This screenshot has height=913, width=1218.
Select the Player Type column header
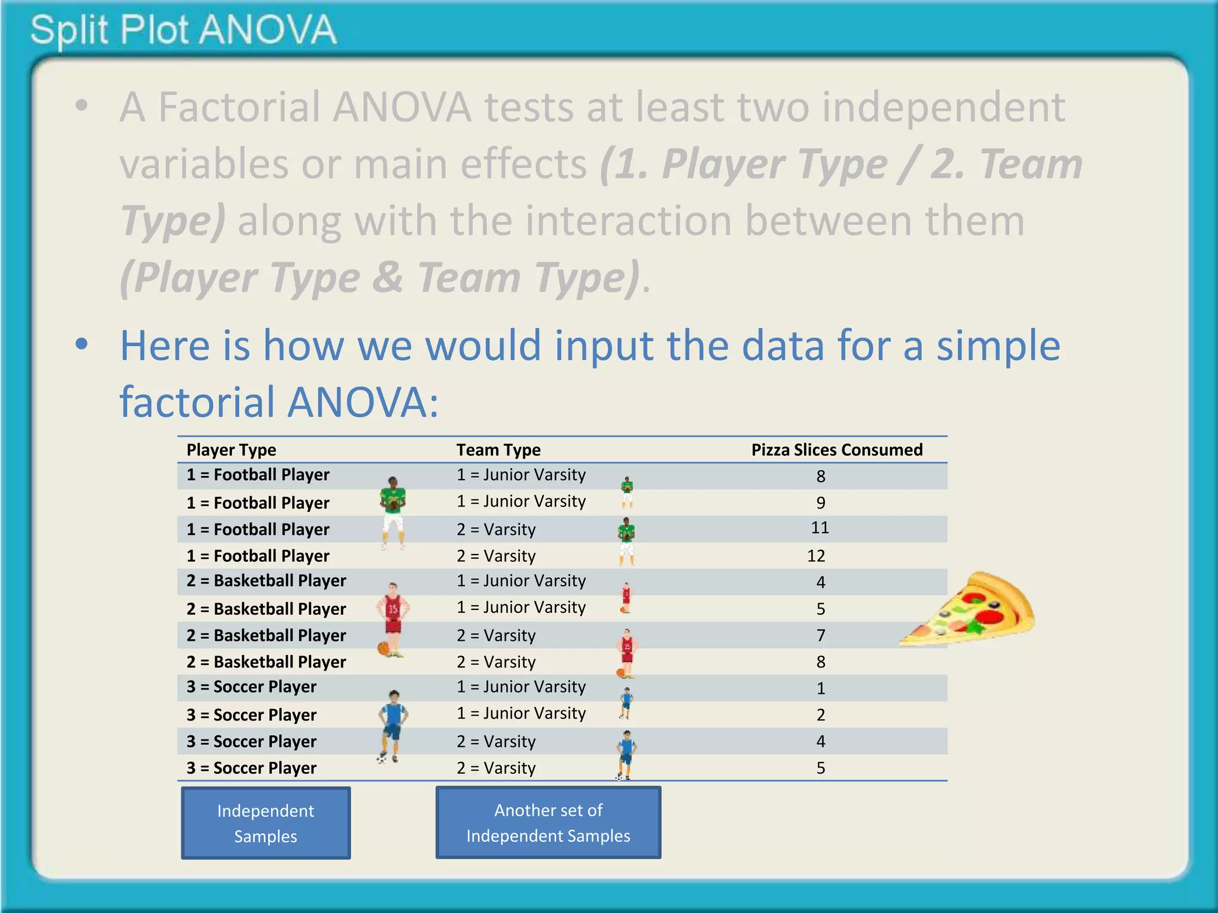coord(231,450)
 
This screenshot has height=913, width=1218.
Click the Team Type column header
coord(498,450)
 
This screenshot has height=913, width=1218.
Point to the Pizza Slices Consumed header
coord(837,450)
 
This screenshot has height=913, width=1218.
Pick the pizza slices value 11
coord(820,528)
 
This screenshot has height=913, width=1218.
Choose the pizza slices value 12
coord(816,556)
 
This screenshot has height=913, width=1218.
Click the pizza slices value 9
coord(821,503)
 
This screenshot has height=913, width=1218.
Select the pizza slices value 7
coord(821,635)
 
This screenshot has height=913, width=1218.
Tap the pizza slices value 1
coord(821,688)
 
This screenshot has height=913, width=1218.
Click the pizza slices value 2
coord(821,714)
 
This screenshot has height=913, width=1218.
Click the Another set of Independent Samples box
coord(548,823)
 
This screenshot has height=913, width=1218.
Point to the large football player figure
coord(393,512)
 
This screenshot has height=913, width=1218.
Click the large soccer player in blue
coord(393,726)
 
